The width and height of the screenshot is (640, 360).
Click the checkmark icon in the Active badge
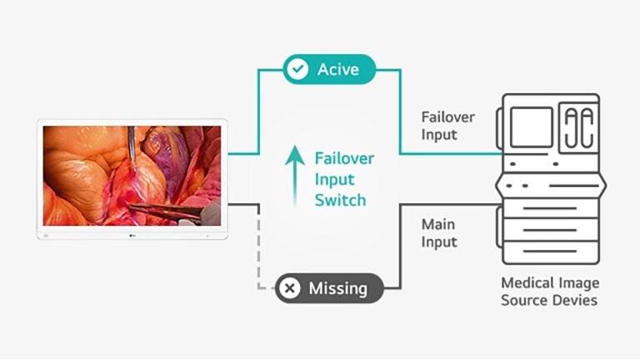pos(297,69)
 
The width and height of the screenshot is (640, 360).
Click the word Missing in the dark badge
pos(337,288)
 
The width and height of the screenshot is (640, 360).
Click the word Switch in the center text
pos(340,200)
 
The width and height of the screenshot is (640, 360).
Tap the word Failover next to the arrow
pos(344,158)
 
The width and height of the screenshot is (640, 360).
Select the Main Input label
pos(439,233)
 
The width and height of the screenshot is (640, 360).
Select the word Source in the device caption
pos(522,300)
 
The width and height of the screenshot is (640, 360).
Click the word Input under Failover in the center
pos(334,179)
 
